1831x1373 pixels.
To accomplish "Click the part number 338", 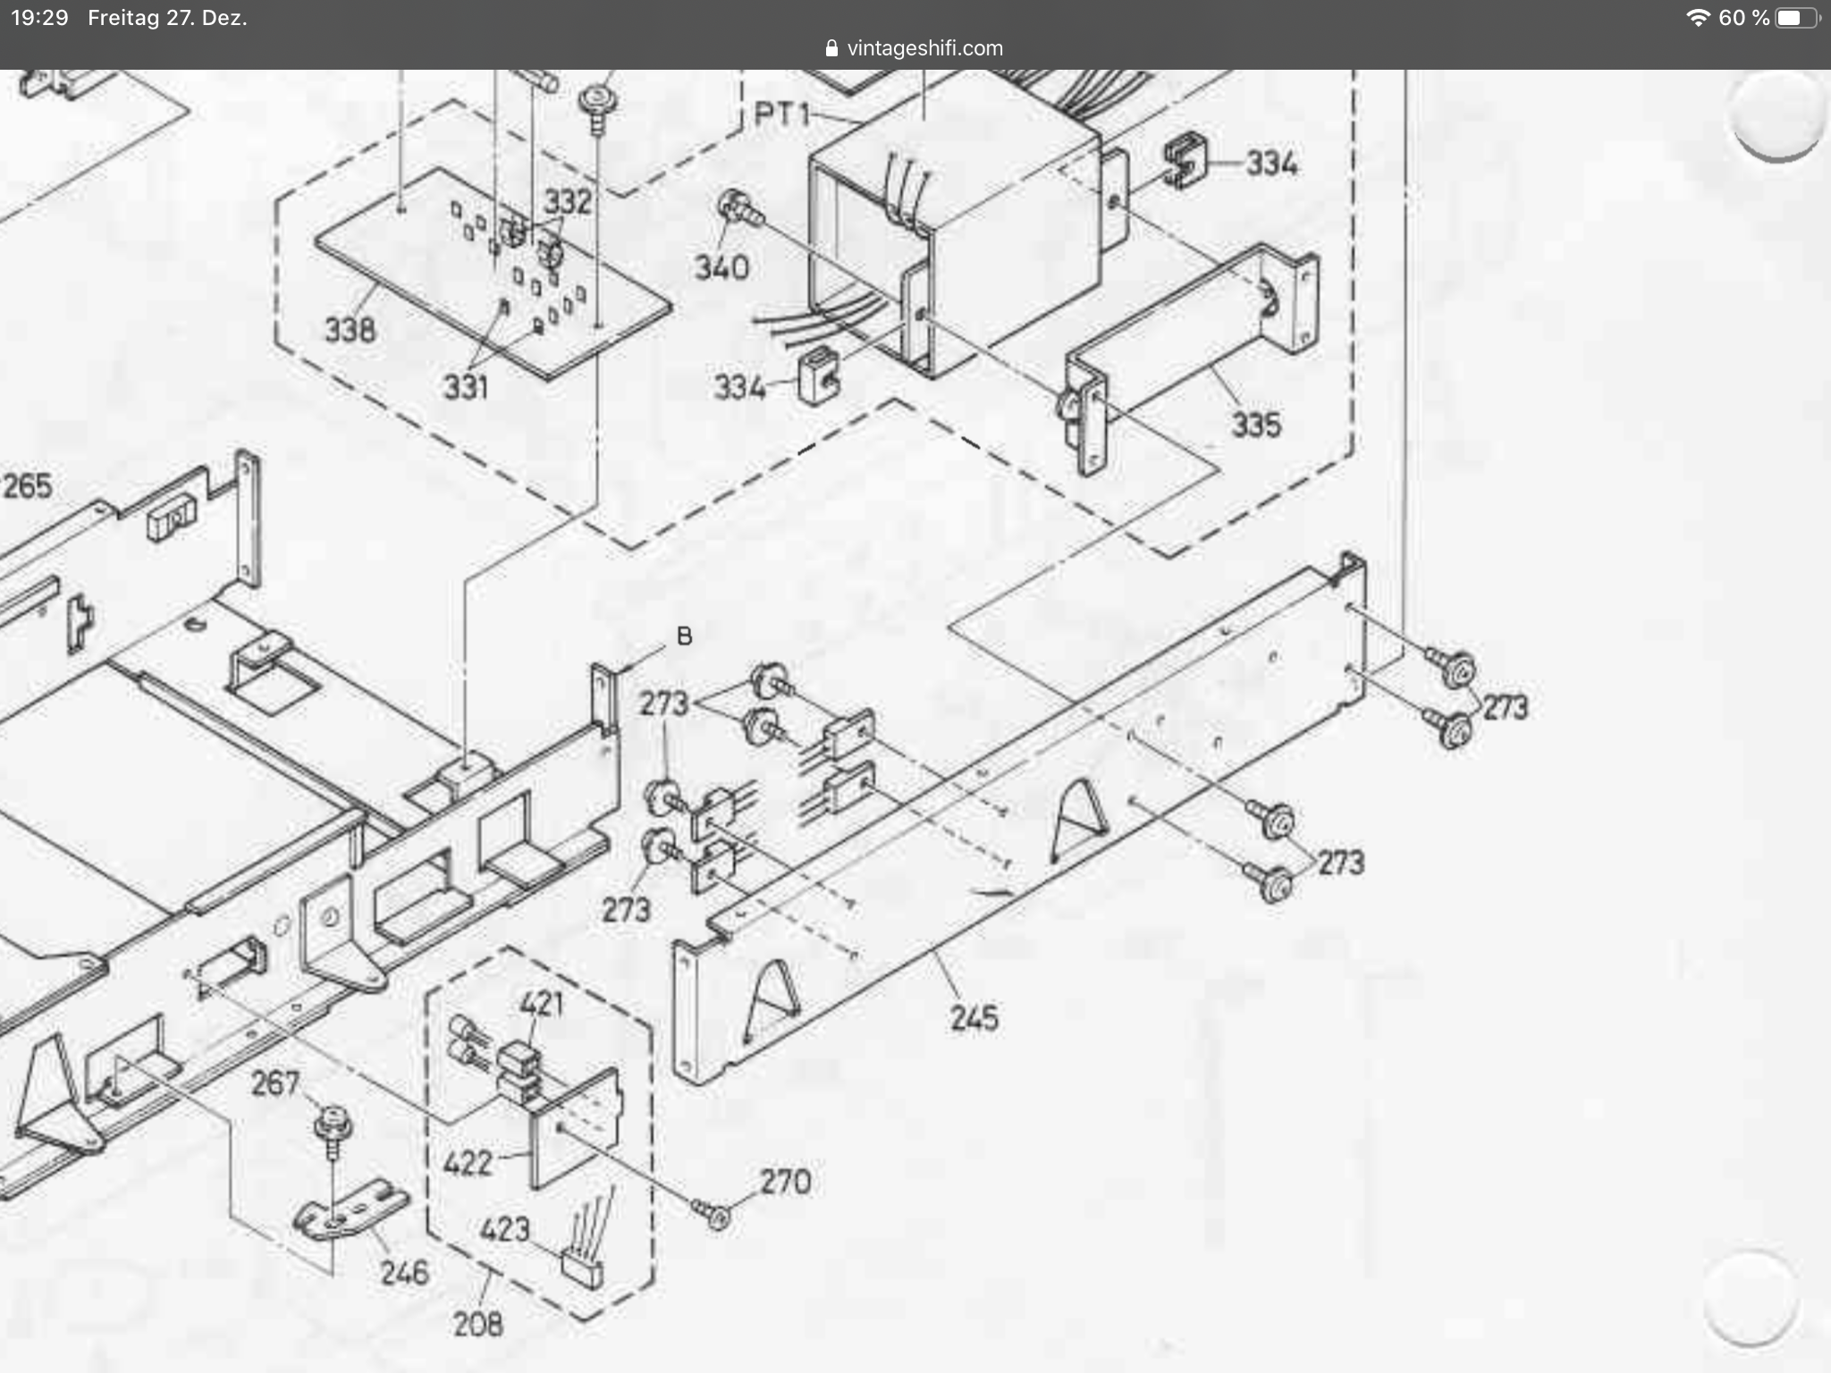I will click(350, 331).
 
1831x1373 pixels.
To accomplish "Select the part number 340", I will click(721, 267).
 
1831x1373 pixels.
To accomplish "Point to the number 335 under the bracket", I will click(1256, 425).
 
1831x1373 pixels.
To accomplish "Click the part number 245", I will click(974, 1018).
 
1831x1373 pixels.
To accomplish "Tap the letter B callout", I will click(685, 636).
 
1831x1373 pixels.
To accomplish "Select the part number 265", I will click(28, 486).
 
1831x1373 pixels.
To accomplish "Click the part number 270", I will click(785, 1182).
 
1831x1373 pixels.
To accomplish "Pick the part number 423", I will click(505, 1230).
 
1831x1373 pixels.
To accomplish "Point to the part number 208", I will click(477, 1324).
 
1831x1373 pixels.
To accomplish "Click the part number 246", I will click(404, 1272).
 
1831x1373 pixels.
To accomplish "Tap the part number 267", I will click(274, 1083).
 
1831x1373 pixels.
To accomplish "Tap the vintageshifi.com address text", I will click(924, 48).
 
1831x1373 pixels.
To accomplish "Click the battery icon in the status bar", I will click(1794, 18).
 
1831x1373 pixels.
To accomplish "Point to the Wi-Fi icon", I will click(1698, 18).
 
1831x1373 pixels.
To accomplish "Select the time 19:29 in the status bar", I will click(39, 18).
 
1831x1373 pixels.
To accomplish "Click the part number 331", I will click(465, 387).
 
